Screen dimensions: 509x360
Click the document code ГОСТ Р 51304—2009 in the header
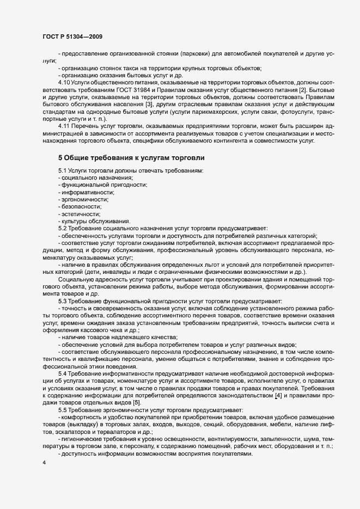click(x=72, y=36)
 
